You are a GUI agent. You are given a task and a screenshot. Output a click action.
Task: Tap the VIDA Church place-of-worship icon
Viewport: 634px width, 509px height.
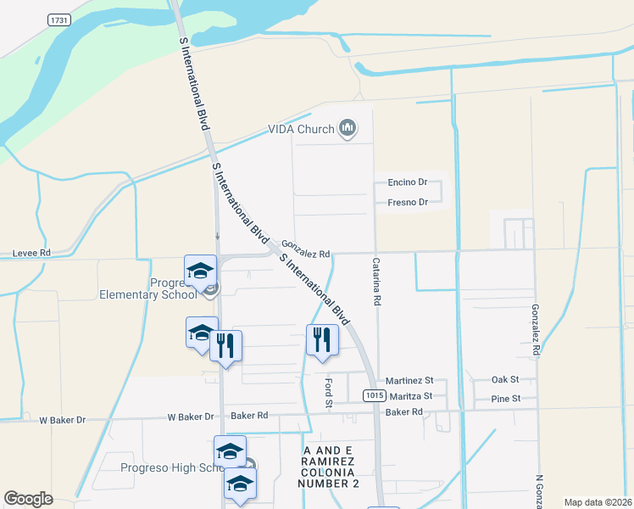click(x=347, y=129)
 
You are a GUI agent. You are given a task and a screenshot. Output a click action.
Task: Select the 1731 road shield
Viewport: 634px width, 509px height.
click(x=58, y=20)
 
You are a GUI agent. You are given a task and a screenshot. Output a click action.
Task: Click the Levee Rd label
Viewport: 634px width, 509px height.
click(x=31, y=253)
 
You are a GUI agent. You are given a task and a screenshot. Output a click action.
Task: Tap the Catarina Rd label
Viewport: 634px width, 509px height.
click(x=376, y=282)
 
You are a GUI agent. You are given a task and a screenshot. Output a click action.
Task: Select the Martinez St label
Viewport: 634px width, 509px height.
click(x=409, y=381)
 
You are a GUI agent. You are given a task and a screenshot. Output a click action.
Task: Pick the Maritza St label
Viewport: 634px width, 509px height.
click(x=409, y=396)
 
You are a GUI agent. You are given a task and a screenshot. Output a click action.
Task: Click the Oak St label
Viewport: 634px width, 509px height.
click(x=504, y=380)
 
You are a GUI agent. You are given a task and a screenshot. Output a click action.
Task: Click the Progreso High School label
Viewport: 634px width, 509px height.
click(x=161, y=468)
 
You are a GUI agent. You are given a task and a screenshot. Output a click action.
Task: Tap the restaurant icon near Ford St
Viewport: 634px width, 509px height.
click(x=322, y=340)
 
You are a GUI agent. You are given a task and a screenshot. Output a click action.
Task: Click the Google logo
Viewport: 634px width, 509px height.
click(x=29, y=499)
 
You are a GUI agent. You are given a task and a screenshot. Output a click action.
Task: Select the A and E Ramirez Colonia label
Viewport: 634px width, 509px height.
click(x=329, y=465)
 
